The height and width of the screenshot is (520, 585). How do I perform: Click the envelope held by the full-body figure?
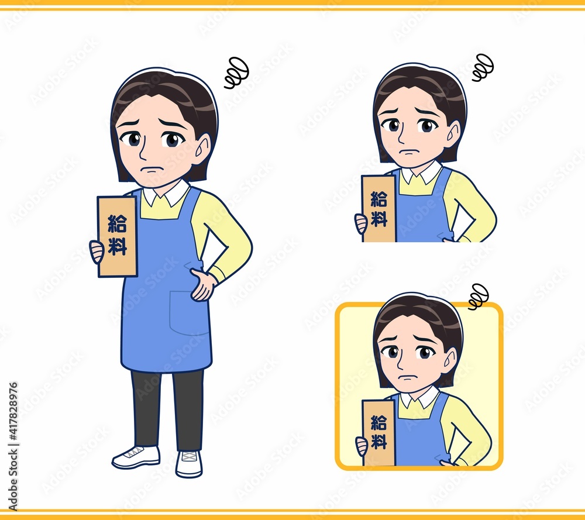[117, 237]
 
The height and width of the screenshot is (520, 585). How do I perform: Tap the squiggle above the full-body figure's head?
[236, 73]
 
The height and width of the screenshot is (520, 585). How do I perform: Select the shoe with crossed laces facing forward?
[189, 464]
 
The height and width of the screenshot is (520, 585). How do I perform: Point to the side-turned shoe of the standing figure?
[136, 457]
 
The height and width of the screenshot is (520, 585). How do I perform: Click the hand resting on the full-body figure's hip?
[202, 284]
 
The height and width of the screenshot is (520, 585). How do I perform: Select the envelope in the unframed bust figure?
[378, 209]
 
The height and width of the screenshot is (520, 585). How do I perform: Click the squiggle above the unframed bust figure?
[483, 67]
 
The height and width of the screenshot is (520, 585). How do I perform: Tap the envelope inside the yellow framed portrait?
[378, 433]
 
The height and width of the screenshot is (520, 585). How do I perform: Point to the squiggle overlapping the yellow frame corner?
[478, 297]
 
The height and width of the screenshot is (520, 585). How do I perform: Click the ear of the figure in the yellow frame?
[449, 361]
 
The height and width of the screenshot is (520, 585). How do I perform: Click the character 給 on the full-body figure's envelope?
[117, 223]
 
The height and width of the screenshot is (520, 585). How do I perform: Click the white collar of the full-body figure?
[167, 193]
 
